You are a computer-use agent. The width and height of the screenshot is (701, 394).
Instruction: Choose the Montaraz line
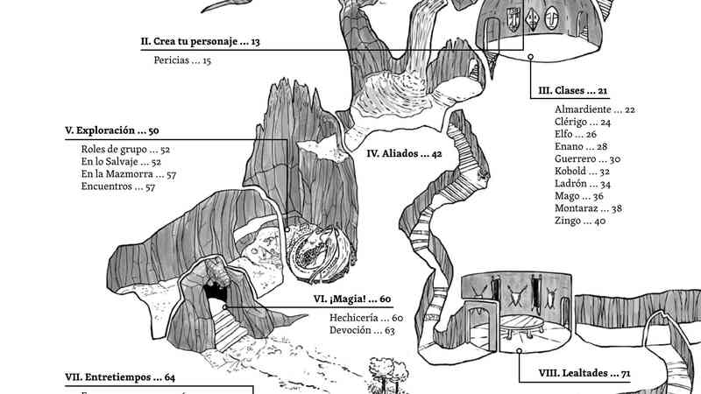(588, 208)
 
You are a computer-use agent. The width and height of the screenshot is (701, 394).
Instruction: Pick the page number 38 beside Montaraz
(617, 208)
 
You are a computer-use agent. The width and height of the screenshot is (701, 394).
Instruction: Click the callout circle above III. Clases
(530, 57)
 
